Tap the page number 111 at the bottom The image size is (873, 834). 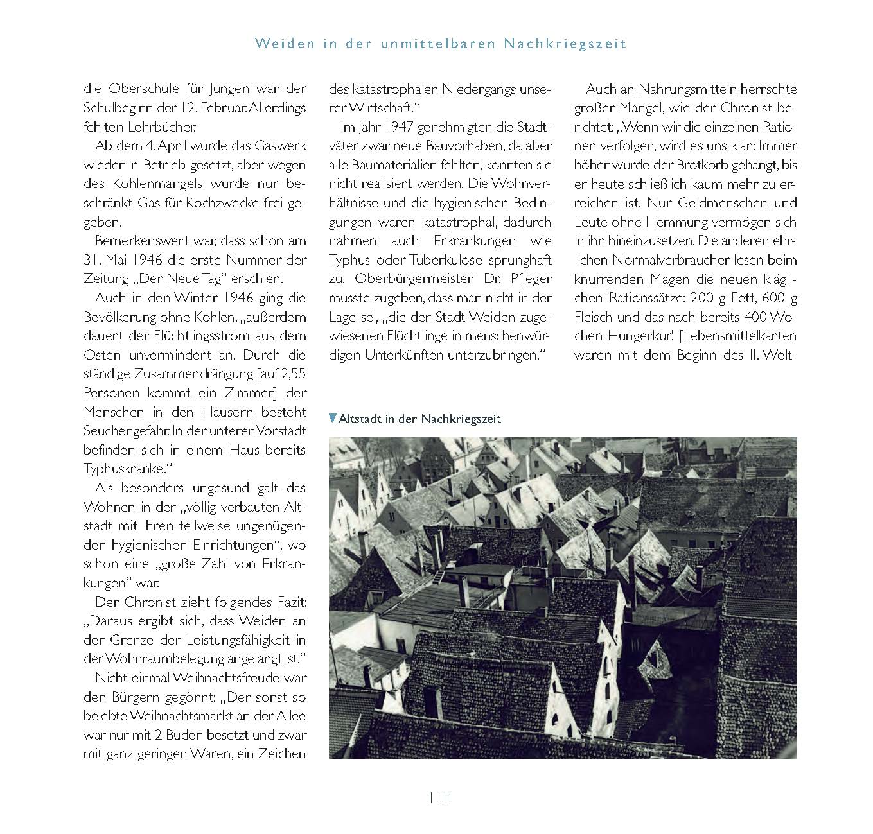tap(441, 798)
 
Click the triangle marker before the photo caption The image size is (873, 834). tap(332, 419)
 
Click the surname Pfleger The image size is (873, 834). tap(529, 279)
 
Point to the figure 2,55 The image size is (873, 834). tap(292, 374)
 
